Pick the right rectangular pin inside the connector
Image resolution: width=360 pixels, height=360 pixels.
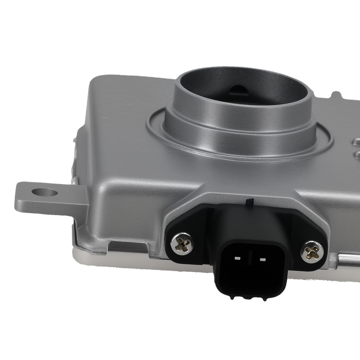262,259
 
